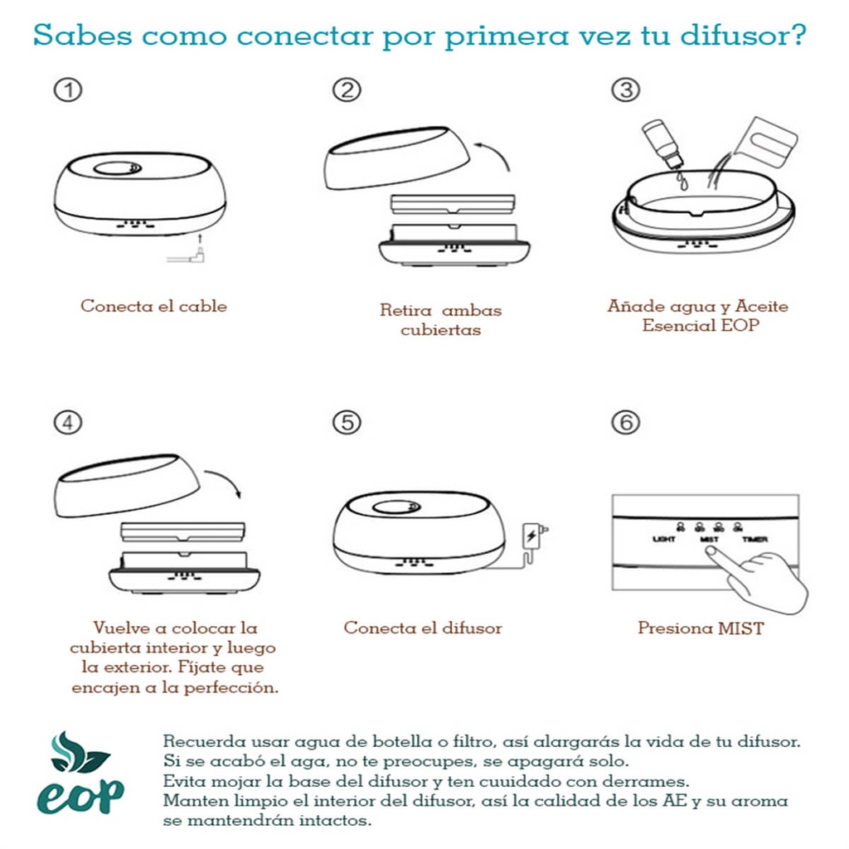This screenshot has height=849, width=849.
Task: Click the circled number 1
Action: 68,90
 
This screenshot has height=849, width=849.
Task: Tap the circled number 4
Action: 68,422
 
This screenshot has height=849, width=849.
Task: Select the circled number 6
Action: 625,422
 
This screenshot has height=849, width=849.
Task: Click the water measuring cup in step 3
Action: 764,141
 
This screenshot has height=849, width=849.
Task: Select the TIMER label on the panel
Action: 754,540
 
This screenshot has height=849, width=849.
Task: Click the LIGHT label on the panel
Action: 664,540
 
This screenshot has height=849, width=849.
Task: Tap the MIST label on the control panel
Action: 709,540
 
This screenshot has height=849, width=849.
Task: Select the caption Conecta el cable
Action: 153,306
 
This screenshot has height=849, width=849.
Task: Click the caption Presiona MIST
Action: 701,628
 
